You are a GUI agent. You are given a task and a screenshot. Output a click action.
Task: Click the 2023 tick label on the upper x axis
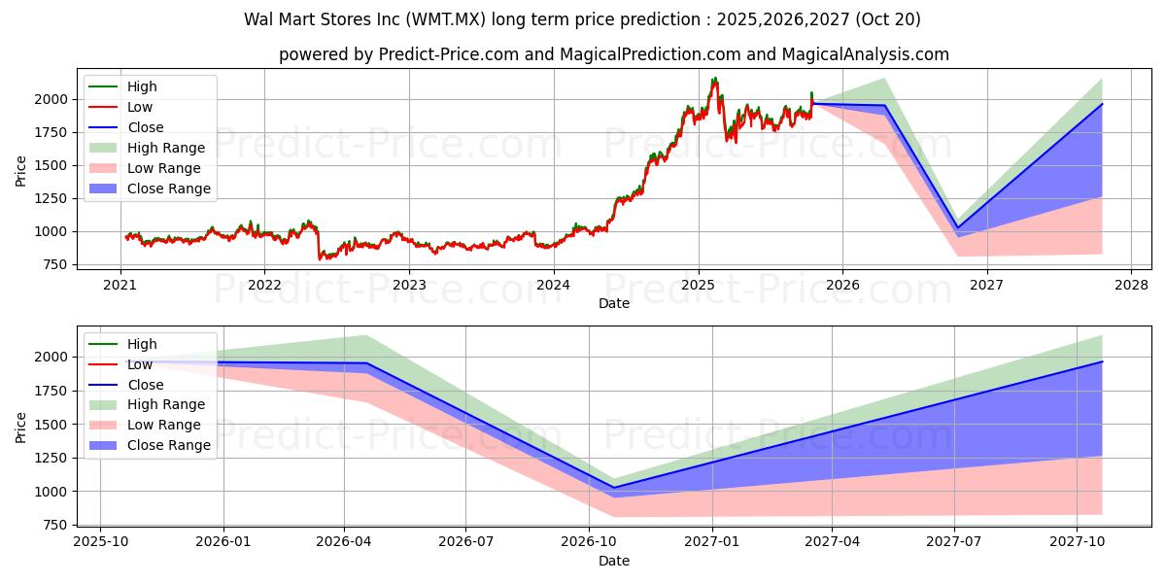coord(409,285)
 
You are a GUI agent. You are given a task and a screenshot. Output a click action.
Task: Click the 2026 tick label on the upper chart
coord(842,285)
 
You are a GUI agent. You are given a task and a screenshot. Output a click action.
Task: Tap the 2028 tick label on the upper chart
coord(1131,285)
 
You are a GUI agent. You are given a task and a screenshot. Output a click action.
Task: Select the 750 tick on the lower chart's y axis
coord(53,525)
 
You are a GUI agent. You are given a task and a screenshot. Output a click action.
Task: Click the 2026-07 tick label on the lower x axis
coord(465,542)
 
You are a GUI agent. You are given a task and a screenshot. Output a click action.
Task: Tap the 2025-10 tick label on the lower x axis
coord(100,542)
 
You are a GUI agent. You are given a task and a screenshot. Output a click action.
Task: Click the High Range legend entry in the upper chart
coord(165,148)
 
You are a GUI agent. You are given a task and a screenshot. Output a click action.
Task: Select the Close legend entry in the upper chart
coord(145,127)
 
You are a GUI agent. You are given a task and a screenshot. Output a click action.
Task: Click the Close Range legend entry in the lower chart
coord(168,445)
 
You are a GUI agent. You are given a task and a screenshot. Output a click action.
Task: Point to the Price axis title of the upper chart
coord(21,170)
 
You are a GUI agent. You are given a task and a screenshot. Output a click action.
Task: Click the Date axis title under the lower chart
coord(613,561)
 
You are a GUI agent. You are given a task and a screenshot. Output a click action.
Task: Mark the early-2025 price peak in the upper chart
coord(715,79)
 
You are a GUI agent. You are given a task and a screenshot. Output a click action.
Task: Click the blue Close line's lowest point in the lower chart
coord(613,488)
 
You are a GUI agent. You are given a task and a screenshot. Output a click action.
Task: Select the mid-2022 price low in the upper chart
coord(321,258)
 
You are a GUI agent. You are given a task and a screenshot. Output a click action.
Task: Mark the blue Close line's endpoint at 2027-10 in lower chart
coord(1102,361)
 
